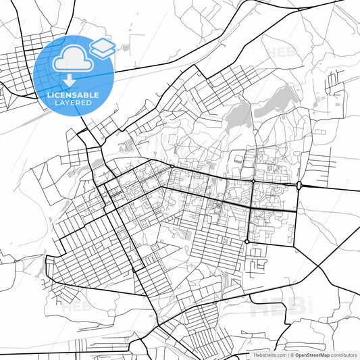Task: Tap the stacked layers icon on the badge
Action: coord(102,47)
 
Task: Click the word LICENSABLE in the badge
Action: coord(72,95)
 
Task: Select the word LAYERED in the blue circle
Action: coord(72,103)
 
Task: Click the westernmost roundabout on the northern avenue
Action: coord(172,166)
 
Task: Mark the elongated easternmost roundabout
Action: coord(299,185)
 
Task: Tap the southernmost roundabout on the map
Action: coord(247,241)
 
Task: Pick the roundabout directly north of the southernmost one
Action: coord(253,181)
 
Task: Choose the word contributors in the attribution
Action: coord(344,355)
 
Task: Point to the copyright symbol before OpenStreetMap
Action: coord(292,355)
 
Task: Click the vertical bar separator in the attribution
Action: coord(288,355)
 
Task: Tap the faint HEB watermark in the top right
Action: coord(278,51)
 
